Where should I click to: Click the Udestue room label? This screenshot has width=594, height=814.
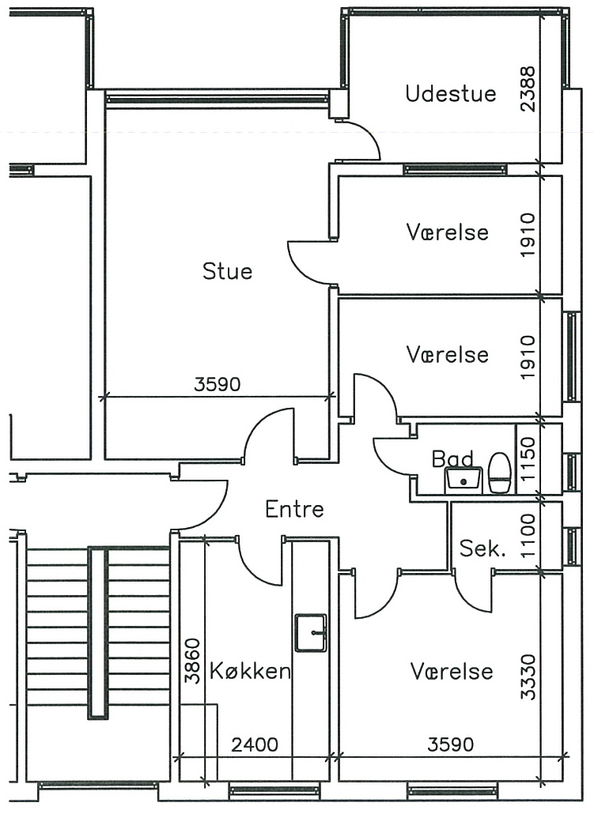451,94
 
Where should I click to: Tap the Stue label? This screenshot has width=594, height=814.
227,271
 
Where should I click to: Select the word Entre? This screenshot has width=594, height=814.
294,509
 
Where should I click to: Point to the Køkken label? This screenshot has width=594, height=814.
250,671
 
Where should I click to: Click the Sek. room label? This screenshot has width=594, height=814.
482,548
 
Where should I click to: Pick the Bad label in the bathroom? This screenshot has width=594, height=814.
452,458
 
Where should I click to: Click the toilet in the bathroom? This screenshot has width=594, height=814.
500,472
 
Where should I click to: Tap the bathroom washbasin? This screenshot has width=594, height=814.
463,480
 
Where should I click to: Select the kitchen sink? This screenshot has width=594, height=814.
311,632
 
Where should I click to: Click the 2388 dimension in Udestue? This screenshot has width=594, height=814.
528,89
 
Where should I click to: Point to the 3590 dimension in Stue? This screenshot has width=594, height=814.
218,384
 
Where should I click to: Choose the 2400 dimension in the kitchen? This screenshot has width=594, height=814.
255,745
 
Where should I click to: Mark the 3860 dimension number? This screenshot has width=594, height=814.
192,661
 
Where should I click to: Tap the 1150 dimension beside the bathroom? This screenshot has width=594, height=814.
528,459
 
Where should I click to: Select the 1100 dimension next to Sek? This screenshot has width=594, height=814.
528,536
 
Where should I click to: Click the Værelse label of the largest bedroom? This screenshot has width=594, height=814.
451,671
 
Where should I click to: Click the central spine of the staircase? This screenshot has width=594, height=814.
98,633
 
